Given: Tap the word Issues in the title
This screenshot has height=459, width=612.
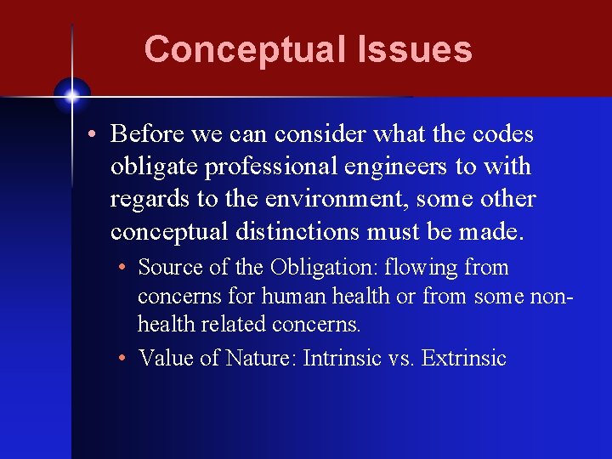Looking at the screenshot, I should [x=415, y=49].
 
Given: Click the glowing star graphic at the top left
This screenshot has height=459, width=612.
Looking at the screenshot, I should [x=72, y=95].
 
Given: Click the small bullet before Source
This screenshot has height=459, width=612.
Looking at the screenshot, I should [x=123, y=268].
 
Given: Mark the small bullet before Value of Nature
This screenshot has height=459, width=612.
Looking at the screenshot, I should [x=123, y=359].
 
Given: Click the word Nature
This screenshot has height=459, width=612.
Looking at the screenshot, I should [x=258, y=358].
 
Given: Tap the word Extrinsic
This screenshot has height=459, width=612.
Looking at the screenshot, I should [x=463, y=358].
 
